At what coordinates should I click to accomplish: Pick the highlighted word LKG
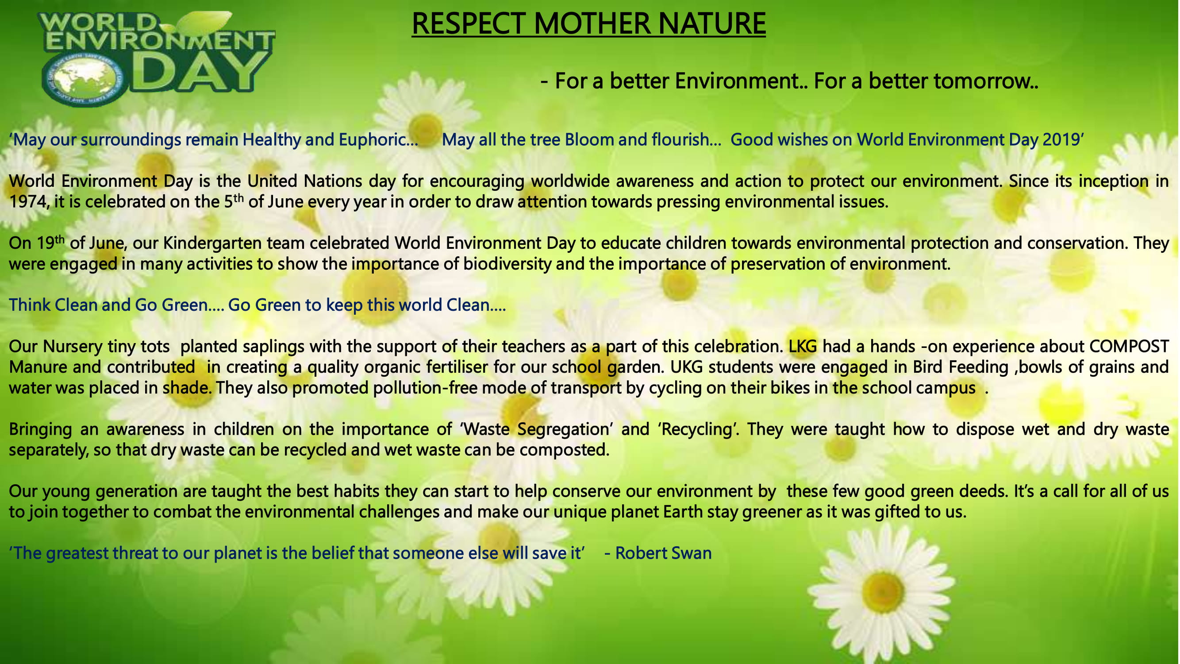pos(803,347)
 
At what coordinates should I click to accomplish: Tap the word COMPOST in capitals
pos(1129,347)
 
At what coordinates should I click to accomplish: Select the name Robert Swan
pos(663,553)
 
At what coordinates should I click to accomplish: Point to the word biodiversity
pos(507,264)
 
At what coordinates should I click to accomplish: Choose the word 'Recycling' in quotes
pos(698,429)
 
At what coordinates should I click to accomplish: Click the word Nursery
pos(72,347)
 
